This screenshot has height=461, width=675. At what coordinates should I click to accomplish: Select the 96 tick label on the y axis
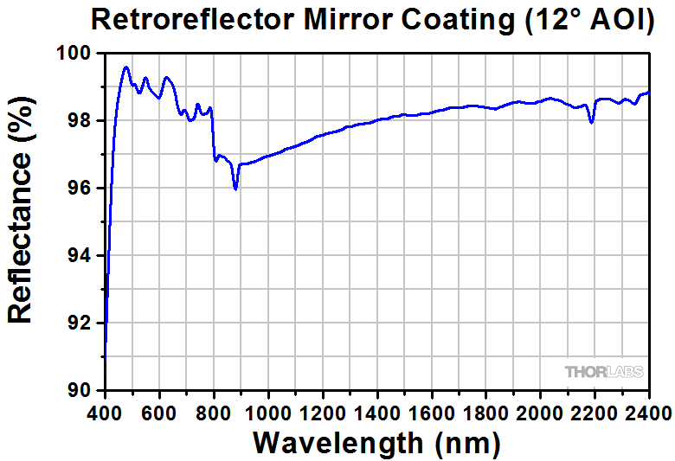[84, 189]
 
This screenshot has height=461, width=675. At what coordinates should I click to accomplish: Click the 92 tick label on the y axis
[84, 323]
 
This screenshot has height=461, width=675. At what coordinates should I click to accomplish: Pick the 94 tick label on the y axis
[84, 256]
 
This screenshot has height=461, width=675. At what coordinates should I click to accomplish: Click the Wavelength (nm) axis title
[376, 442]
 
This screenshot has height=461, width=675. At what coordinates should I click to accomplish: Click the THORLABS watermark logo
[604, 372]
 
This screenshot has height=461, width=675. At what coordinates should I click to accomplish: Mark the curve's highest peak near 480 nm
[126, 67]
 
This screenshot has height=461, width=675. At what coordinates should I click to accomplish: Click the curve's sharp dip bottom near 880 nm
[235, 189]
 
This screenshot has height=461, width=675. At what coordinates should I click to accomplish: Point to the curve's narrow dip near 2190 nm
[592, 123]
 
